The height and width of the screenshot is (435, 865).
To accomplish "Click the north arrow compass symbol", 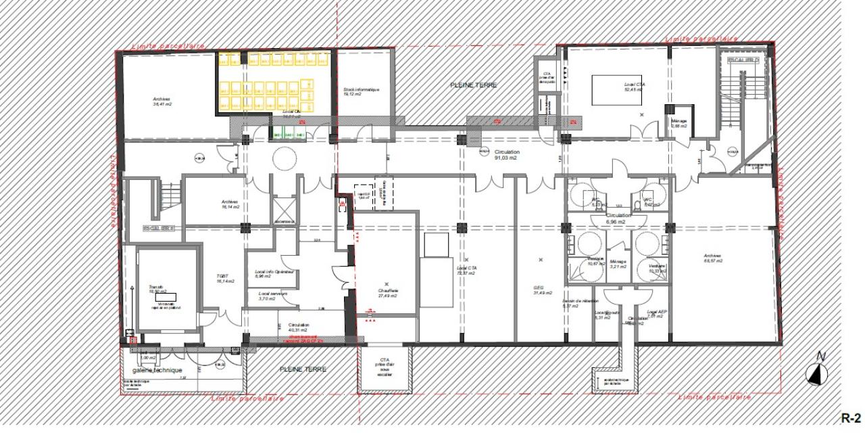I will coord(819,372).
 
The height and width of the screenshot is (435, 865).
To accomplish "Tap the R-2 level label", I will coord(851,417).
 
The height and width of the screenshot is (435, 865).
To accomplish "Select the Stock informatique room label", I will coord(361,91).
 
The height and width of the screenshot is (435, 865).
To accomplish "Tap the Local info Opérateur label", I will coord(275,273).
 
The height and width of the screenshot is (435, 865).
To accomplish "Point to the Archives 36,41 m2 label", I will coord(162,101).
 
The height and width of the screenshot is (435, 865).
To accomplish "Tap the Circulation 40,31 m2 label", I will coord(298,327).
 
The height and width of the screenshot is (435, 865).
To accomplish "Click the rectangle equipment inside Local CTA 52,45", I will coord(616,89).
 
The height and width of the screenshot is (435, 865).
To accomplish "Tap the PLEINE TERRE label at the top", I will coord(474,85).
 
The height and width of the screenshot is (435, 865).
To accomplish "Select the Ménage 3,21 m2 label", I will coord(618,265).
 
